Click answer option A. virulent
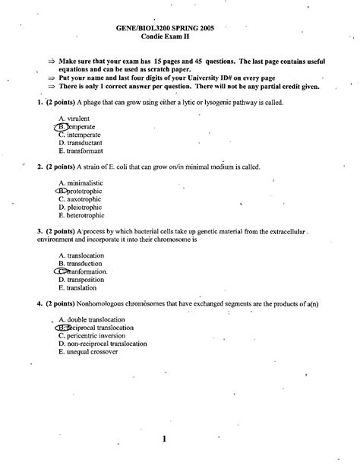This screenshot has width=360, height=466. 81,119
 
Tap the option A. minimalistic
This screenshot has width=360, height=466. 86,183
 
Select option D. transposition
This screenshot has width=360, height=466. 87,280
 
